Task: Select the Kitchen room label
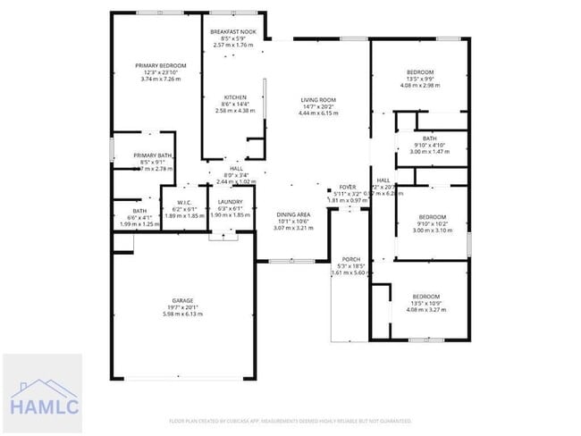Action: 236,97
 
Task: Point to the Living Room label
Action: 317,100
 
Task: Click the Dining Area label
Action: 292,215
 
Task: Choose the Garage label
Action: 183,300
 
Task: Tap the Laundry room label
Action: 232,202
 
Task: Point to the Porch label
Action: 350,259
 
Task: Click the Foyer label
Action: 348,187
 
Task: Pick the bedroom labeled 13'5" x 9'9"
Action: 420,72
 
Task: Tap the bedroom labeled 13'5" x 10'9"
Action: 425,296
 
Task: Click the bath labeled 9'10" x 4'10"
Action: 430,138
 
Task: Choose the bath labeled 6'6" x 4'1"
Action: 140,211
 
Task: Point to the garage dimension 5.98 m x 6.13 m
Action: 183,314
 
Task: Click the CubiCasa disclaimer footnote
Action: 290,420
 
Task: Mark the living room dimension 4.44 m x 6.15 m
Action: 317,113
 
